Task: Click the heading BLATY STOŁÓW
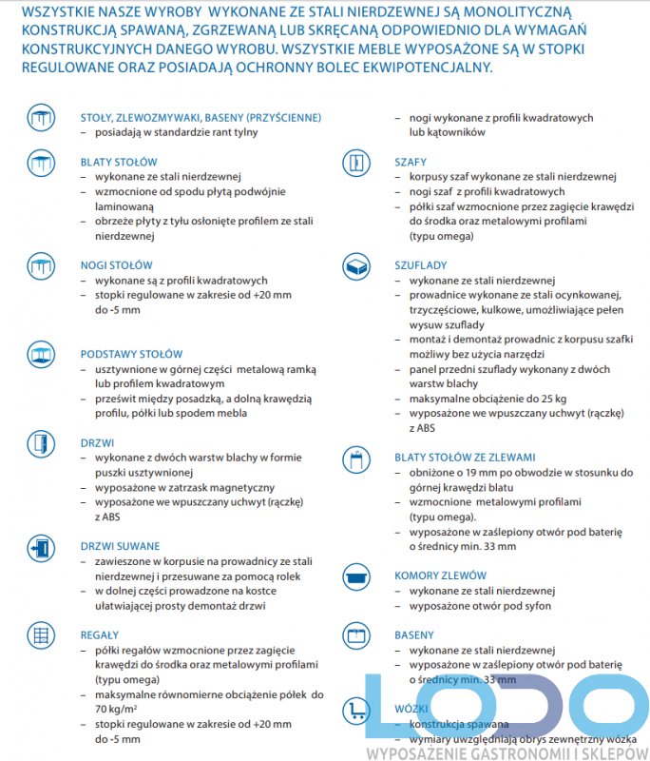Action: pyautogui.click(x=119, y=162)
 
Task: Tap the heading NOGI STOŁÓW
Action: pyautogui.click(x=116, y=265)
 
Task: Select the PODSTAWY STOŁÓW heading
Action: pyautogui.click(x=131, y=354)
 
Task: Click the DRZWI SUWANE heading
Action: pyautogui.click(x=120, y=546)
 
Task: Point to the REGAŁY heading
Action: pyautogui.click(x=99, y=634)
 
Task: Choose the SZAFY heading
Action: pyautogui.click(x=411, y=162)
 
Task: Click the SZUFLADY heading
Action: pyautogui.click(x=420, y=265)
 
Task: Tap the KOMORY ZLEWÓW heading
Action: pyautogui.click(x=440, y=576)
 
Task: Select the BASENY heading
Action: pyautogui.click(x=414, y=634)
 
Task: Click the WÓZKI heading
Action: pyautogui.click(x=411, y=709)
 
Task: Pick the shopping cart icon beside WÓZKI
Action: pyautogui.click(x=356, y=709)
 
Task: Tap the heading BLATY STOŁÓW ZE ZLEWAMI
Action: pyautogui.click(x=465, y=457)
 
